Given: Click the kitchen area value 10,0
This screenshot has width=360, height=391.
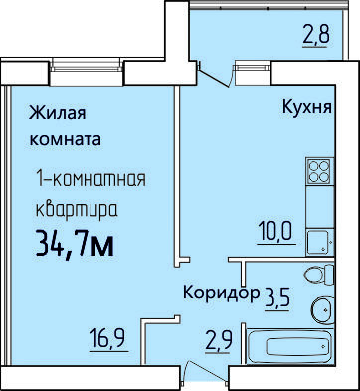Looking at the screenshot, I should (x=278, y=235).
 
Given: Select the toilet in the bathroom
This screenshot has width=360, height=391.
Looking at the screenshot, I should (x=316, y=275).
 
